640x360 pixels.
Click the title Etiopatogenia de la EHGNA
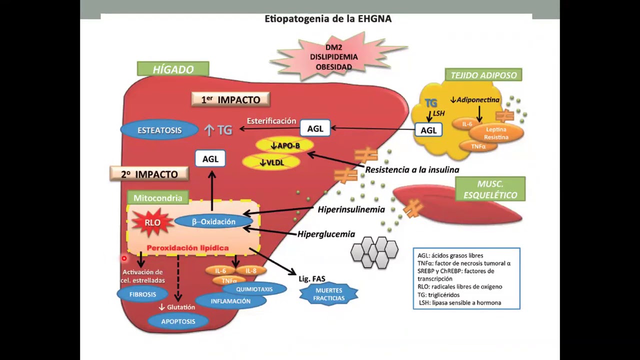pos(328,19)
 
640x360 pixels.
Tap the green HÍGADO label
pos(173,69)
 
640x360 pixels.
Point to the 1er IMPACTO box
pos(230,99)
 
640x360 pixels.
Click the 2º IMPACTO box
pos(149,174)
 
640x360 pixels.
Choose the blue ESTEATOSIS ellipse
pos(159,130)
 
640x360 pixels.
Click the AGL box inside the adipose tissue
pos(428,130)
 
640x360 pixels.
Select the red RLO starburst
pos(152,222)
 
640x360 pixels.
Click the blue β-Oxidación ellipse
pos(213,221)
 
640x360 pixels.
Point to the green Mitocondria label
pos(157,198)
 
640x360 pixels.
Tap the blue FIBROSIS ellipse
pos(142,294)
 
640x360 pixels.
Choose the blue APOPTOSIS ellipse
pos(178,321)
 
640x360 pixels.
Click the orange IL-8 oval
pos(250,270)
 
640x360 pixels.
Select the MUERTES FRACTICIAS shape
pos(328,294)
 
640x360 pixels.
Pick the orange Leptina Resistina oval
pos(496,133)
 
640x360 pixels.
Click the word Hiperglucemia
pos(326,234)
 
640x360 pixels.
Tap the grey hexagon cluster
pos(374,252)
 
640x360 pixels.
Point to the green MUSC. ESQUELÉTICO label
pos(490,189)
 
